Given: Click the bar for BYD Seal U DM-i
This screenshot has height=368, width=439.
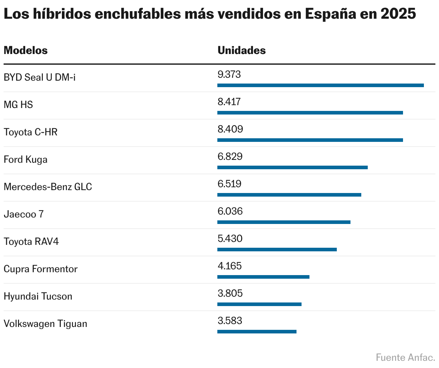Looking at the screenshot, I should click(320, 85).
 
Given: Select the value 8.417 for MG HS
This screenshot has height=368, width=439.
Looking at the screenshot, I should click(229, 102).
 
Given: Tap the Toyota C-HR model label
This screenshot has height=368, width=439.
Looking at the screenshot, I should click(31, 132).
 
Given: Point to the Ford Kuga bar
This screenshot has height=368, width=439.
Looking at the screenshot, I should click(292, 167).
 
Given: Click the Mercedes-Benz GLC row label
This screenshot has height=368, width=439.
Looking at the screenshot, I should click(48, 187).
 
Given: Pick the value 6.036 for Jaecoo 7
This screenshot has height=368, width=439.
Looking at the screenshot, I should click(230, 211).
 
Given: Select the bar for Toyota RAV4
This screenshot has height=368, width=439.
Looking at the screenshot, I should click(277, 250).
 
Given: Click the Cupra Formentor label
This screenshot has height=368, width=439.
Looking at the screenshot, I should click(41, 269).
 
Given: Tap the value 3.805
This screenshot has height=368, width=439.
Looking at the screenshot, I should click(230, 293).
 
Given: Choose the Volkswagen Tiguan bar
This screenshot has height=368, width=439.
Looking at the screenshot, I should click(257, 332).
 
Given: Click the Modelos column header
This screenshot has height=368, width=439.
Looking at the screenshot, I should click(26, 50).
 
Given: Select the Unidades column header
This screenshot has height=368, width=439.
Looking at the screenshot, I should click(241, 50).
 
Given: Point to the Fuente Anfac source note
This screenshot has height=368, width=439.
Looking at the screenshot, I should click(405, 358).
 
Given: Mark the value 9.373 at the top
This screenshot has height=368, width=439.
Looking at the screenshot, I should click(229, 75).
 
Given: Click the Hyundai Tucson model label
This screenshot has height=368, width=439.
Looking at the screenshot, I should click(38, 296).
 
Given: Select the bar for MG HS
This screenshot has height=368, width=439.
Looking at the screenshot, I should click(310, 113).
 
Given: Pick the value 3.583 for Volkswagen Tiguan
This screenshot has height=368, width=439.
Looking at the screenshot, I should click(230, 321).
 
